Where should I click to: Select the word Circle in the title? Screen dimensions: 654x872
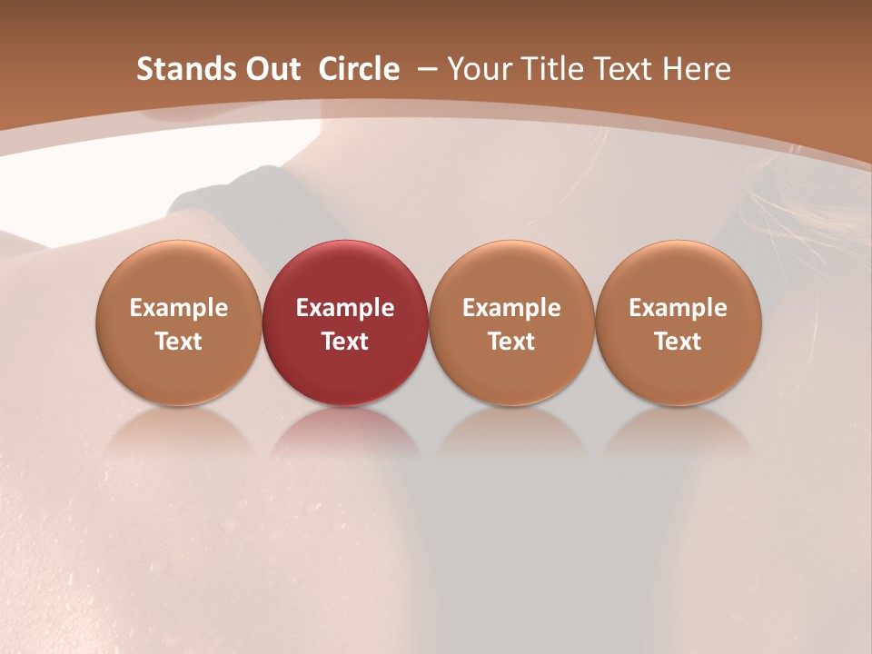click(x=359, y=69)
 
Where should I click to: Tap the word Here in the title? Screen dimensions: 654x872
click(x=698, y=69)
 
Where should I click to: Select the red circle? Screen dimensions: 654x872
click(x=345, y=322)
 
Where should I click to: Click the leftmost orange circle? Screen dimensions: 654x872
click(x=179, y=322)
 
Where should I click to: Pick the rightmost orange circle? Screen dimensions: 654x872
click(x=679, y=322)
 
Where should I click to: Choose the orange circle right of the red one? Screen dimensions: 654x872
click(x=511, y=322)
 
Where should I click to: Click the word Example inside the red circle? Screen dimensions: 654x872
click(x=345, y=308)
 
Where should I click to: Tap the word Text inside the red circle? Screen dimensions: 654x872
click(x=345, y=342)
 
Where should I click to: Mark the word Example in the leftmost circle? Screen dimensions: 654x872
click(x=179, y=308)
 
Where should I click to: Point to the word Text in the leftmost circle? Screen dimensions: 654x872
click(x=179, y=342)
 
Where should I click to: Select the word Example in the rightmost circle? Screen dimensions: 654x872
click(x=679, y=308)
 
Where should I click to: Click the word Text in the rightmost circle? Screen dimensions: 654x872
click(x=679, y=342)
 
